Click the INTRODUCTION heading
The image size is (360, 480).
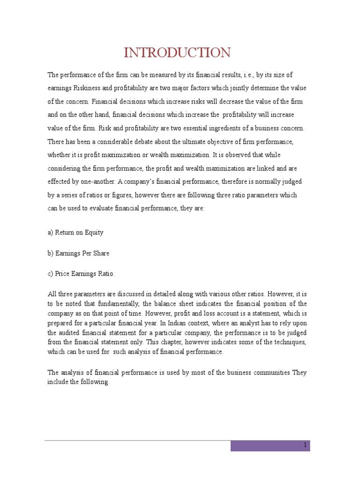point(177,52)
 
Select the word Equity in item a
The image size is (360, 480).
point(94,232)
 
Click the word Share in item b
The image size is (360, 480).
point(101,253)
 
